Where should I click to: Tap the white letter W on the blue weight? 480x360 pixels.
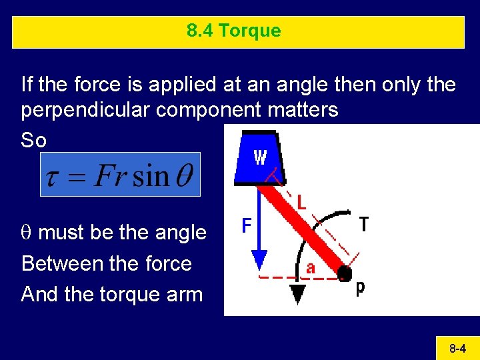(260, 157)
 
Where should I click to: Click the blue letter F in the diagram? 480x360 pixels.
(247, 227)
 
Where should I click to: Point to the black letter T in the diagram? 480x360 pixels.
(364, 225)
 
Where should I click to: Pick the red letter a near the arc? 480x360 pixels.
(310, 269)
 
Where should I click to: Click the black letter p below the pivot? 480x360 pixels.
(360, 289)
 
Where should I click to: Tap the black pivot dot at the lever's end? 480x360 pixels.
(345, 273)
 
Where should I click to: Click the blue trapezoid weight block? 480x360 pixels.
(259, 158)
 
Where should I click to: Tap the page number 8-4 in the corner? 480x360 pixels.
(457, 348)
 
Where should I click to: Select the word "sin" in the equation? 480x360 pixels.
(151, 176)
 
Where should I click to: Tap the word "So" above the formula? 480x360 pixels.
(34, 140)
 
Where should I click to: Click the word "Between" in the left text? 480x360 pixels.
(57, 263)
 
